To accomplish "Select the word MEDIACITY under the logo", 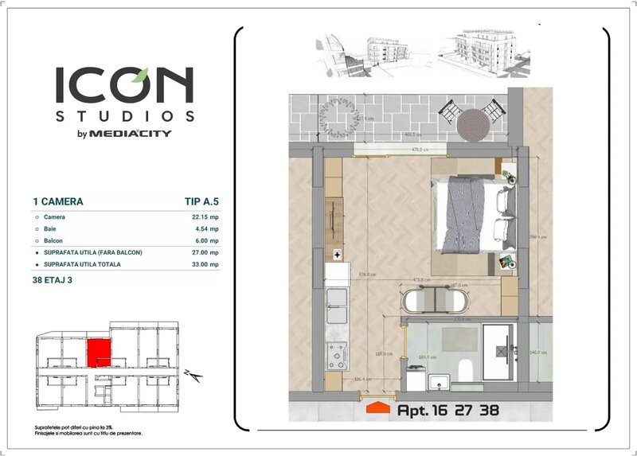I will click(140, 134).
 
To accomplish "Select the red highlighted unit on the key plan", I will click(98, 349).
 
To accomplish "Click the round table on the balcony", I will click(471, 125).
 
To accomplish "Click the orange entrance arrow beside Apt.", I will click(377, 410).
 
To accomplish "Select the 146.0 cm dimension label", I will click(537, 352).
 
